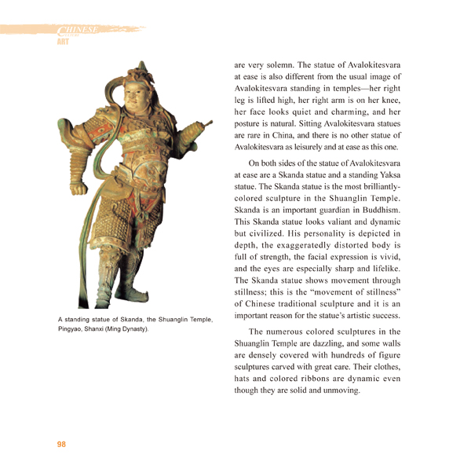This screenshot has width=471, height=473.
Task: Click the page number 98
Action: (x=61, y=445)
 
